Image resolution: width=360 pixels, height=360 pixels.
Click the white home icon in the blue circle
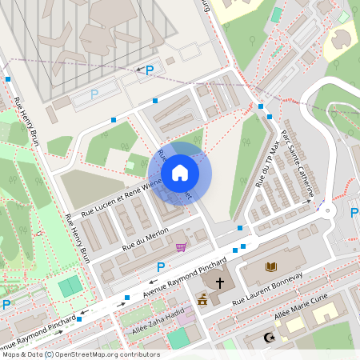click(179, 173)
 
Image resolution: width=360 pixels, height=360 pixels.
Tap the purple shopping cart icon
click(182, 247)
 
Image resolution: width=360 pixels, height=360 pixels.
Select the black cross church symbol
click(219, 282)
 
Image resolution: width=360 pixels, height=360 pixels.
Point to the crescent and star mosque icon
click(270, 338)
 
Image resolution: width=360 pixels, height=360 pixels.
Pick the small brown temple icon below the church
click(202, 300)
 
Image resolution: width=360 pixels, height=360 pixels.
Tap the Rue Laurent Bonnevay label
click(267, 289)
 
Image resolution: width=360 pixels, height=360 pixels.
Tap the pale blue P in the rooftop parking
click(94, 94)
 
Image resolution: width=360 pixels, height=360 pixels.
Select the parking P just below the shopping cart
click(161, 266)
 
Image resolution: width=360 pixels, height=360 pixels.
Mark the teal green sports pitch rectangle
click(70, 285)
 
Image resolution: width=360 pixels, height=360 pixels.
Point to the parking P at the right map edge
click(354, 213)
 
